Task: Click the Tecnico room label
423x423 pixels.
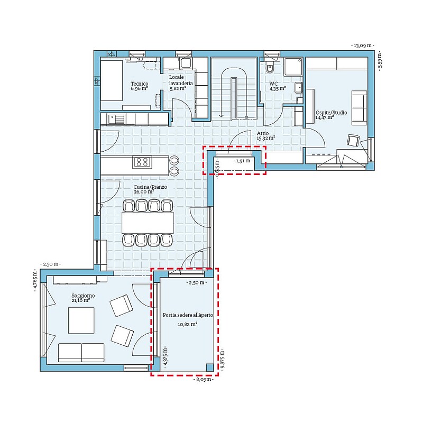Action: pos(140,84)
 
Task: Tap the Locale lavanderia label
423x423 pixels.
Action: pos(181,80)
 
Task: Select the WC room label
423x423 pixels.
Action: pos(273,84)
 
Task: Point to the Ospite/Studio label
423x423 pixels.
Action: pos(332,113)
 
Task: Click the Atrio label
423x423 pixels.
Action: pos(263,133)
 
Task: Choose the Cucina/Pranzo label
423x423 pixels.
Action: pos(150,187)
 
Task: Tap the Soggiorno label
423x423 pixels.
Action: pos(83,296)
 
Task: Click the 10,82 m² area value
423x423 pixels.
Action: pos(187,324)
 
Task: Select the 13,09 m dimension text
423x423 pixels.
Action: pos(363,45)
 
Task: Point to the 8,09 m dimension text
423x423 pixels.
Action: pos(204,379)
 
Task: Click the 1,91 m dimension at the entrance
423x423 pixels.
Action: pos(243,161)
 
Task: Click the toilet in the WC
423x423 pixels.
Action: pos(270,68)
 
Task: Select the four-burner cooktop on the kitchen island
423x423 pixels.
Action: pos(142,162)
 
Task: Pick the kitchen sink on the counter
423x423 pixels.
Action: pos(116,119)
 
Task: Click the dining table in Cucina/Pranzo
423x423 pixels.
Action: pos(148,223)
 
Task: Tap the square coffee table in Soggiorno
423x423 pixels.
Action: pos(81,320)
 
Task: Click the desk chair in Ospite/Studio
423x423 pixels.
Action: pos(353,140)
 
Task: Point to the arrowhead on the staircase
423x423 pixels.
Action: pos(221,116)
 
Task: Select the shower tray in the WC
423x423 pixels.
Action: pos(293,67)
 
